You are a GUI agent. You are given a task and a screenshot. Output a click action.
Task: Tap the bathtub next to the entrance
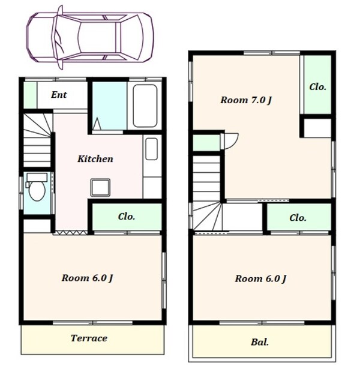coord(145,106)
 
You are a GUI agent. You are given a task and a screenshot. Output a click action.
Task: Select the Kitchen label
coord(95,159)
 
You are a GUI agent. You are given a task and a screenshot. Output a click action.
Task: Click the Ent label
coord(59,95)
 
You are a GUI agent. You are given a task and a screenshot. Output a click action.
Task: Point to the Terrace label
coord(89,338)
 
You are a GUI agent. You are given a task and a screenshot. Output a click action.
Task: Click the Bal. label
coord(260,342)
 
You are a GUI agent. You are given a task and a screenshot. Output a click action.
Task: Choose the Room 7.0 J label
coord(246,100)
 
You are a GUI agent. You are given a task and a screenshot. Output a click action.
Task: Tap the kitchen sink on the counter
coord(152,149)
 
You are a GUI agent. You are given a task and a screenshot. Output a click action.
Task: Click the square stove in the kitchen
coord(100,187)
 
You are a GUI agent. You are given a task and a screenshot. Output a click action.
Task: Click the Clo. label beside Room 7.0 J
coord(317,87)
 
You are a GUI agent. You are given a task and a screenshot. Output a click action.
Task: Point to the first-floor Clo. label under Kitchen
coord(127,217)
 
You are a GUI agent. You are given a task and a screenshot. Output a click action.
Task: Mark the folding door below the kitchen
coord(70,233)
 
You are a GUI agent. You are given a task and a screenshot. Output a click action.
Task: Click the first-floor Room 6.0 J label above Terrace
coord(88,278)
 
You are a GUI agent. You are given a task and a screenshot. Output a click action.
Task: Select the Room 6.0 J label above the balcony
coord(260,279)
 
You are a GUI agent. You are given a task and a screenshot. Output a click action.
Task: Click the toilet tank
coord(37,178)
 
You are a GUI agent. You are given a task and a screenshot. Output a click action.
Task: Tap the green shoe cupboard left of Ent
coord(31,95)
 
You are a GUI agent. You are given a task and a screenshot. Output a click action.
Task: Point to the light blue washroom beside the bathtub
coord(110,106)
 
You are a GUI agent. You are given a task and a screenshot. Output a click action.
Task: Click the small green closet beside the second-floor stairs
coord(206,143)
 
